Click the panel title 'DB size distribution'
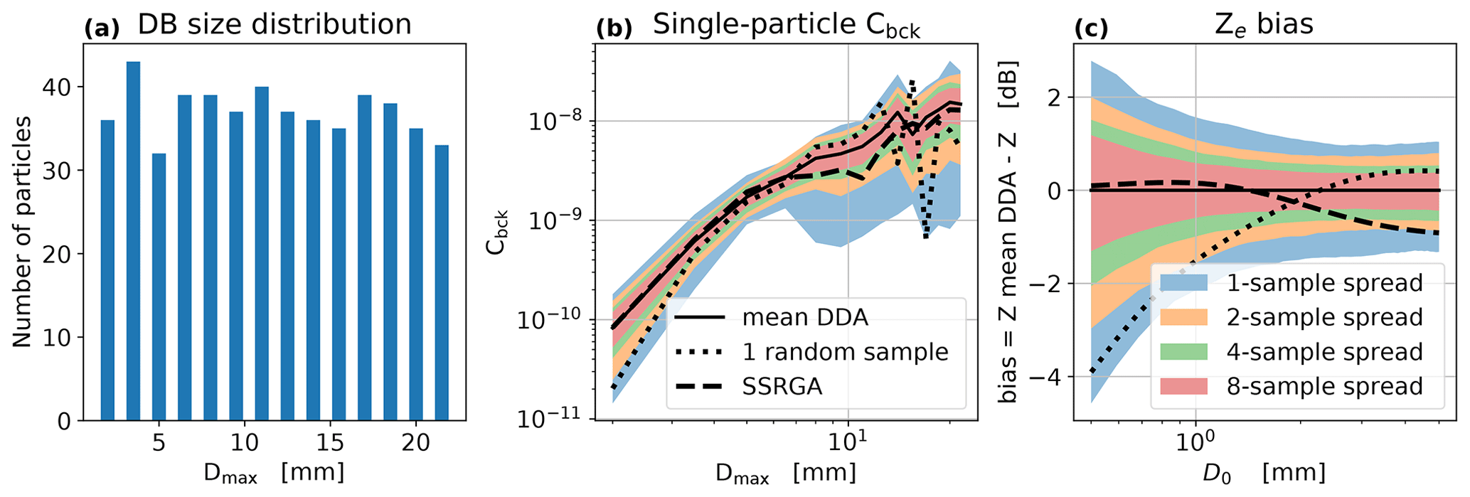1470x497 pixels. coord(274,24)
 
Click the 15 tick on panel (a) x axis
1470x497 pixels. coord(330,442)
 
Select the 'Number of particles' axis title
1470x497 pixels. coord(22,232)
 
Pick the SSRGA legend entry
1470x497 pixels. coord(782,386)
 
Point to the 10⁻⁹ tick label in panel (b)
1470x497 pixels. coord(554,221)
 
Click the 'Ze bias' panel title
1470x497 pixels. coord(1264,26)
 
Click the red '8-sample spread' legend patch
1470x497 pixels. coord(1183,386)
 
